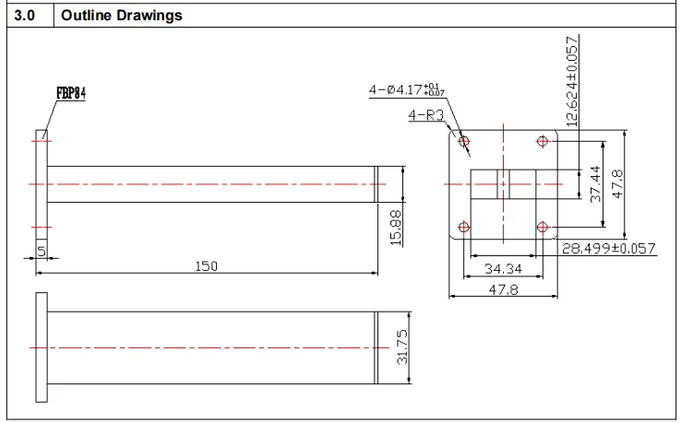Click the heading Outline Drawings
click(122, 16)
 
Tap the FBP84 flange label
click(70, 93)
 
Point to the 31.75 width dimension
click(401, 347)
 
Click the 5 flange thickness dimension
click(42, 251)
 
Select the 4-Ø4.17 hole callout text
click(406, 89)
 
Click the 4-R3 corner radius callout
click(426, 115)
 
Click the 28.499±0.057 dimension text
click(609, 248)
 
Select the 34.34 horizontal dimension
click(503, 269)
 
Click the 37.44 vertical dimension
click(595, 184)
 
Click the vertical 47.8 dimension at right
click(619, 184)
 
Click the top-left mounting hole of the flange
click(464, 142)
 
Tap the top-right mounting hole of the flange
click(542, 142)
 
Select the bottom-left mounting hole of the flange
click(464, 227)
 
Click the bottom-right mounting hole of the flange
click(542, 227)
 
